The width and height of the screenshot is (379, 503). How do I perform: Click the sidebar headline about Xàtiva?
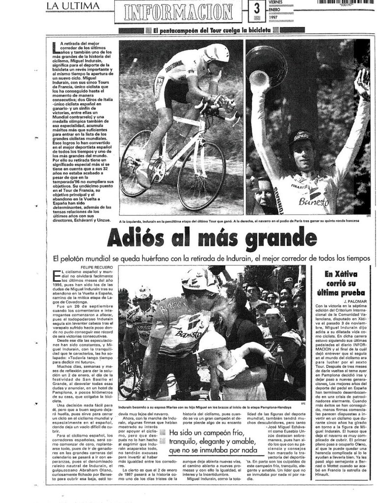coord(341,283)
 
